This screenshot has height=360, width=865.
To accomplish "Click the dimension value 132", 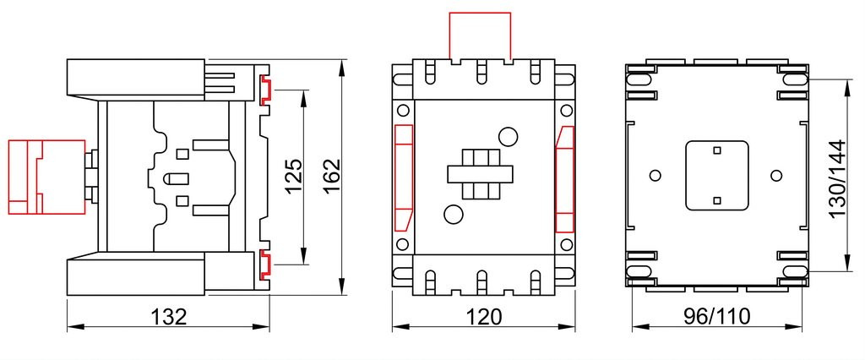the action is click(169, 317).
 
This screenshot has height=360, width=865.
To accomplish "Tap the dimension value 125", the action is click(293, 176).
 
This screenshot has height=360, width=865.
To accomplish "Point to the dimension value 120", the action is click(484, 317).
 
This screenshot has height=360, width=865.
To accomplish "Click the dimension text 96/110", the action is click(717, 317).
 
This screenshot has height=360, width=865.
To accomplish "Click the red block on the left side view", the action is click(47, 177).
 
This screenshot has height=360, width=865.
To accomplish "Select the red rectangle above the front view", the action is click(480, 35).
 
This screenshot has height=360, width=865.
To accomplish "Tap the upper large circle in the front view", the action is click(508, 136).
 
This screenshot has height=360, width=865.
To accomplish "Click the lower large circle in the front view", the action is click(454, 215).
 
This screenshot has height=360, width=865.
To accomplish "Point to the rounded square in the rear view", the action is click(716, 176).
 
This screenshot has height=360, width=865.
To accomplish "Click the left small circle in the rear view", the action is click(656, 176).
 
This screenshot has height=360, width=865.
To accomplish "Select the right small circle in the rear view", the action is click(776, 176).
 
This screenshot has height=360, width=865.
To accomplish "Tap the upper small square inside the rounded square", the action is click(716, 150).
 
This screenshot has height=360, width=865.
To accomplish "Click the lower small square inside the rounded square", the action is click(716, 200).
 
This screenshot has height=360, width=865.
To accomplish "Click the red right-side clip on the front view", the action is click(564, 179).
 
